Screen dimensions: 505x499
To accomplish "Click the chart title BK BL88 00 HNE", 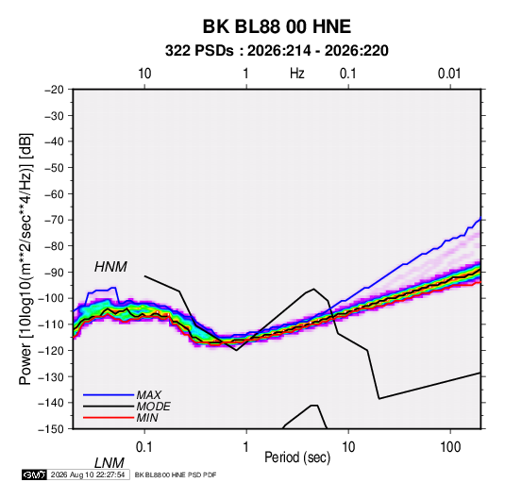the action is (x=277, y=26).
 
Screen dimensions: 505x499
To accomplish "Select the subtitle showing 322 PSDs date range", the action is (x=277, y=51).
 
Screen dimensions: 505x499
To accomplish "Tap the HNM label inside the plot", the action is (x=110, y=267).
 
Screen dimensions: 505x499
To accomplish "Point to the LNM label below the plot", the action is (x=109, y=463).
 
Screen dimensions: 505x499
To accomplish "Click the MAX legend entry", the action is (x=148, y=394).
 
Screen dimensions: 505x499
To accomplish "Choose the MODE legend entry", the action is (x=153, y=407).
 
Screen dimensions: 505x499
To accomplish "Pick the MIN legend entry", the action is (x=147, y=418).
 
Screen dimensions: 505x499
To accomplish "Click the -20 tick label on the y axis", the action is (x=55, y=90).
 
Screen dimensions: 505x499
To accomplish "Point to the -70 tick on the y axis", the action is (x=55, y=220).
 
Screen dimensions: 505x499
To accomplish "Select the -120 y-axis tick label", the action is (x=51, y=351).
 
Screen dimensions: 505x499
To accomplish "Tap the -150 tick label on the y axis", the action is (x=51, y=429).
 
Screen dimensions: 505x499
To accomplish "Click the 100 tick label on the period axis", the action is (x=450, y=447).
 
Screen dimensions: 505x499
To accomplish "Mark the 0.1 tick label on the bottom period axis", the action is (x=144, y=447).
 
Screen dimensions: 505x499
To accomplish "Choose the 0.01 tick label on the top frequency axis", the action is (x=449, y=74).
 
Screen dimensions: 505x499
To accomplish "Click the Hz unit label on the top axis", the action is (x=297, y=74).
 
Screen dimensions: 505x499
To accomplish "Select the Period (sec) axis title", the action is (x=297, y=457).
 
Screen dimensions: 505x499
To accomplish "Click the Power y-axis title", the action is (x=25, y=259).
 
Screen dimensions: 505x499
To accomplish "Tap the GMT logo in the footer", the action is (x=34, y=474).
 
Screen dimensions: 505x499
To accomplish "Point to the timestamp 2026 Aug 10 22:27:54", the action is (x=88, y=474).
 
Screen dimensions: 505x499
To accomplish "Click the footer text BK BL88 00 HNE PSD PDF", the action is (x=176, y=474).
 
